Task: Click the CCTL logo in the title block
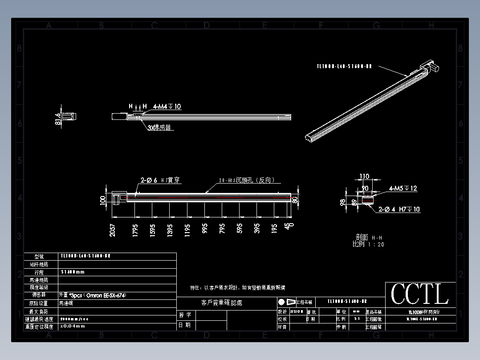(419, 295)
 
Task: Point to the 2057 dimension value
(113, 229)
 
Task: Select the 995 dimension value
(204, 229)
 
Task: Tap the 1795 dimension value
(135, 229)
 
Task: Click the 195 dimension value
(274, 229)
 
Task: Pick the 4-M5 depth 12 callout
(403, 188)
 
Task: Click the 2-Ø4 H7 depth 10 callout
(399, 209)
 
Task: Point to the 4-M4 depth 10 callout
(167, 106)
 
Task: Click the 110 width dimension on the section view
(364, 176)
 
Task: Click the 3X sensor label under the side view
(159, 127)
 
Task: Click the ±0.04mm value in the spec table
(72, 326)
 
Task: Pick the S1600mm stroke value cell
(72, 272)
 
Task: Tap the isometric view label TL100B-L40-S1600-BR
(344, 66)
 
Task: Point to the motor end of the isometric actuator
(430, 66)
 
